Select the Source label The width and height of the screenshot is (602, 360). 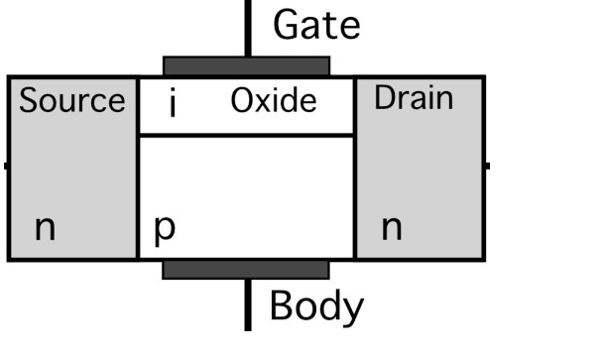point(73,100)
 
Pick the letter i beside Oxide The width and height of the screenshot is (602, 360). point(173,103)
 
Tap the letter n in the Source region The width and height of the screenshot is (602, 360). point(45,229)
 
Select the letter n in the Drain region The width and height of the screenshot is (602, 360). point(393,229)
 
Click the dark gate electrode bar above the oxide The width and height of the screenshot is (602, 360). point(246,65)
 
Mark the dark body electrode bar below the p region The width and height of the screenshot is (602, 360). point(246,270)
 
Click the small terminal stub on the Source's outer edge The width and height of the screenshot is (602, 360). point(5,166)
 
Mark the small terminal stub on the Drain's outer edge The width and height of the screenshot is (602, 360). point(487,166)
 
